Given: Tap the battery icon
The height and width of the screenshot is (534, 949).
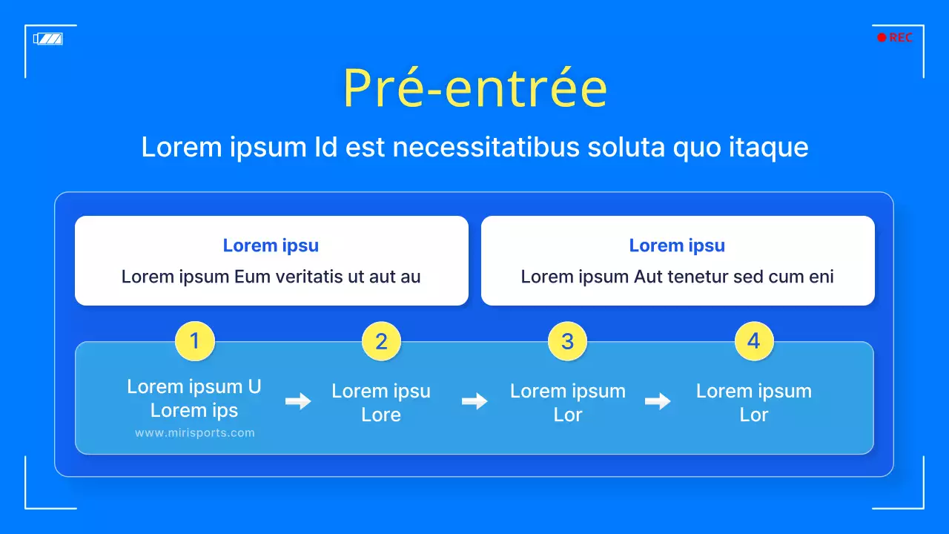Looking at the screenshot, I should (x=48, y=39).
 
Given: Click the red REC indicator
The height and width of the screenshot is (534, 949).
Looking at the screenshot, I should (x=895, y=38).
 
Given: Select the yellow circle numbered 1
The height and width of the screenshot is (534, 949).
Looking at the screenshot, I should (x=194, y=341).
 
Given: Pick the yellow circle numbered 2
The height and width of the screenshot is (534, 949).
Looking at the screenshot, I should (x=381, y=341).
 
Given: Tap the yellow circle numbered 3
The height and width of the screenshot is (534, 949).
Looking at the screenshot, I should (x=567, y=341).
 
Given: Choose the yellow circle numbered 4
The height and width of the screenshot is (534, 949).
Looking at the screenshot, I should (x=754, y=341).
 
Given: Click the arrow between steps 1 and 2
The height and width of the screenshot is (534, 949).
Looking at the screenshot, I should (x=298, y=401).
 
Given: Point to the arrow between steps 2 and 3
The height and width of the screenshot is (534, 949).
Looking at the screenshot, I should (x=474, y=401).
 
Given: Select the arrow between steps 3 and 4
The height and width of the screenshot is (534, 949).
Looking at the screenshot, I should (x=658, y=401).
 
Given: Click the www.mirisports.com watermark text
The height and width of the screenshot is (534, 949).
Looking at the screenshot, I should (x=194, y=433).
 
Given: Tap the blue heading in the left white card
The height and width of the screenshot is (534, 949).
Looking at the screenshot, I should (x=271, y=245).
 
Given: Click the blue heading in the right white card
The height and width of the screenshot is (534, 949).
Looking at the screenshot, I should (x=677, y=245).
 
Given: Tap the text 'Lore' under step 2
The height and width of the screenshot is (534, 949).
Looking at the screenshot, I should (x=381, y=415).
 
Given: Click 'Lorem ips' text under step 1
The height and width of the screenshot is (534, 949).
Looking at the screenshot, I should (x=194, y=410).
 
